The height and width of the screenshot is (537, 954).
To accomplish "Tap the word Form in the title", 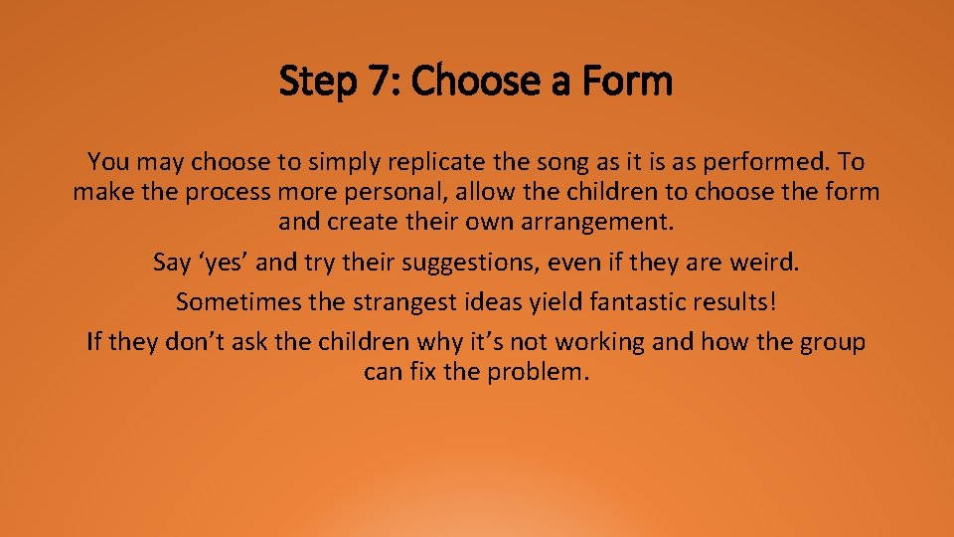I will (x=629, y=82).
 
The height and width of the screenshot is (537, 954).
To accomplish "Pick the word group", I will (x=830, y=342).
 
